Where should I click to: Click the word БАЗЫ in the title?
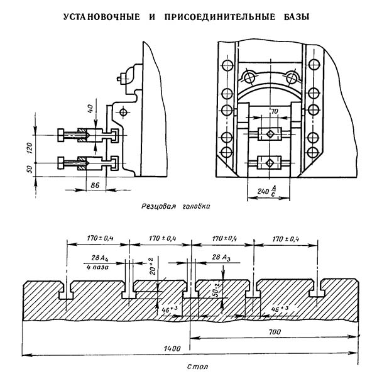(x=297, y=17)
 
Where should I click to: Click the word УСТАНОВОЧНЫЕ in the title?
(x=102, y=17)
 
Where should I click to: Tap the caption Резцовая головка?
(x=176, y=206)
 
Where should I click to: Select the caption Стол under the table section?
(x=197, y=367)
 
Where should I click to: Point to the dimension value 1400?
(x=172, y=348)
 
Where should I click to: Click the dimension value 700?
(x=275, y=332)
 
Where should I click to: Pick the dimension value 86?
(x=95, y=185)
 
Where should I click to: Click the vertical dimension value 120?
(x=29, y=148)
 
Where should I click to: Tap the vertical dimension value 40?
(x=90, y=109)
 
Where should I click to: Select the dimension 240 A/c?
(x=266, y=191)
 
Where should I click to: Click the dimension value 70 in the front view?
(x=274, y=111)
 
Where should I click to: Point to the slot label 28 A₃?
(x=221, y=258)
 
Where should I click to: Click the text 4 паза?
(x=97, y=267)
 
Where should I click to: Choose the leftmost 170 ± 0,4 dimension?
(x=101, y=238)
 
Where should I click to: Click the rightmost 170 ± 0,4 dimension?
(x=286, y=239)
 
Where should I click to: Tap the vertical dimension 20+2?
(x=152, y=266)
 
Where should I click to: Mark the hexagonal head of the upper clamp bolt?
(x=61, y=135)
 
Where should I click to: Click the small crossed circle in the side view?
(x=123, y=113)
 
